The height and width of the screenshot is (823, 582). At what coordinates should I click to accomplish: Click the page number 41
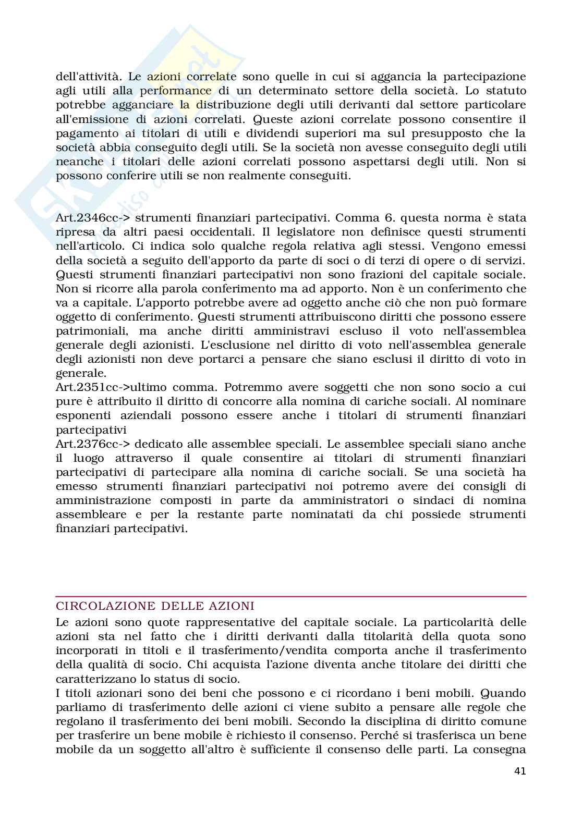(x=519, y=771)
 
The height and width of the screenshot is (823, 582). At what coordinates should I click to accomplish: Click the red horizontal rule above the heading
(x=290, y=596)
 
